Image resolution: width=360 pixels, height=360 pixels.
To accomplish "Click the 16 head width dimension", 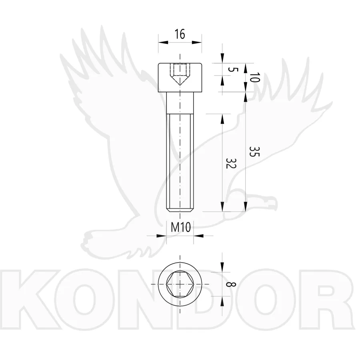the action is tap(180, 34).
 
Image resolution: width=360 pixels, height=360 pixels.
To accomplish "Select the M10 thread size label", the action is tap(181, 227).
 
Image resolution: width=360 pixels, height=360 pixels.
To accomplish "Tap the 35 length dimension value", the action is tap(254, 151).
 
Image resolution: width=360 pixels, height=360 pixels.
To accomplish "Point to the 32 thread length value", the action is tap(231, 163).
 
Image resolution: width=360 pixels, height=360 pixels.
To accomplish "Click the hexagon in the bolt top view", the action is tap(180, 284).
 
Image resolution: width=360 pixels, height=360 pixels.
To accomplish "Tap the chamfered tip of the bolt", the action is tap(180, 210).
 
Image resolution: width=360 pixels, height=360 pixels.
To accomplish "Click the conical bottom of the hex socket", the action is tap(180, 80).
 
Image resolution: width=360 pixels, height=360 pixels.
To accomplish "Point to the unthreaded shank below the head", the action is tap(180, 103).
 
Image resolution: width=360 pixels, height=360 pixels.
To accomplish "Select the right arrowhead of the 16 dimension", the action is tap(197, 42).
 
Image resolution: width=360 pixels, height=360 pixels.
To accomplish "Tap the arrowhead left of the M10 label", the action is tap(162, 236).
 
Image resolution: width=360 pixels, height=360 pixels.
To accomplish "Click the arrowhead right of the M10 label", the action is tap(198, 236).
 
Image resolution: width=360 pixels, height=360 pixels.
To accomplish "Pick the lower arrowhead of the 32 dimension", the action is tap(222, 207).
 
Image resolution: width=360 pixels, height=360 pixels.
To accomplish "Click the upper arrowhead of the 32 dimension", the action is tap(222, 118).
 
